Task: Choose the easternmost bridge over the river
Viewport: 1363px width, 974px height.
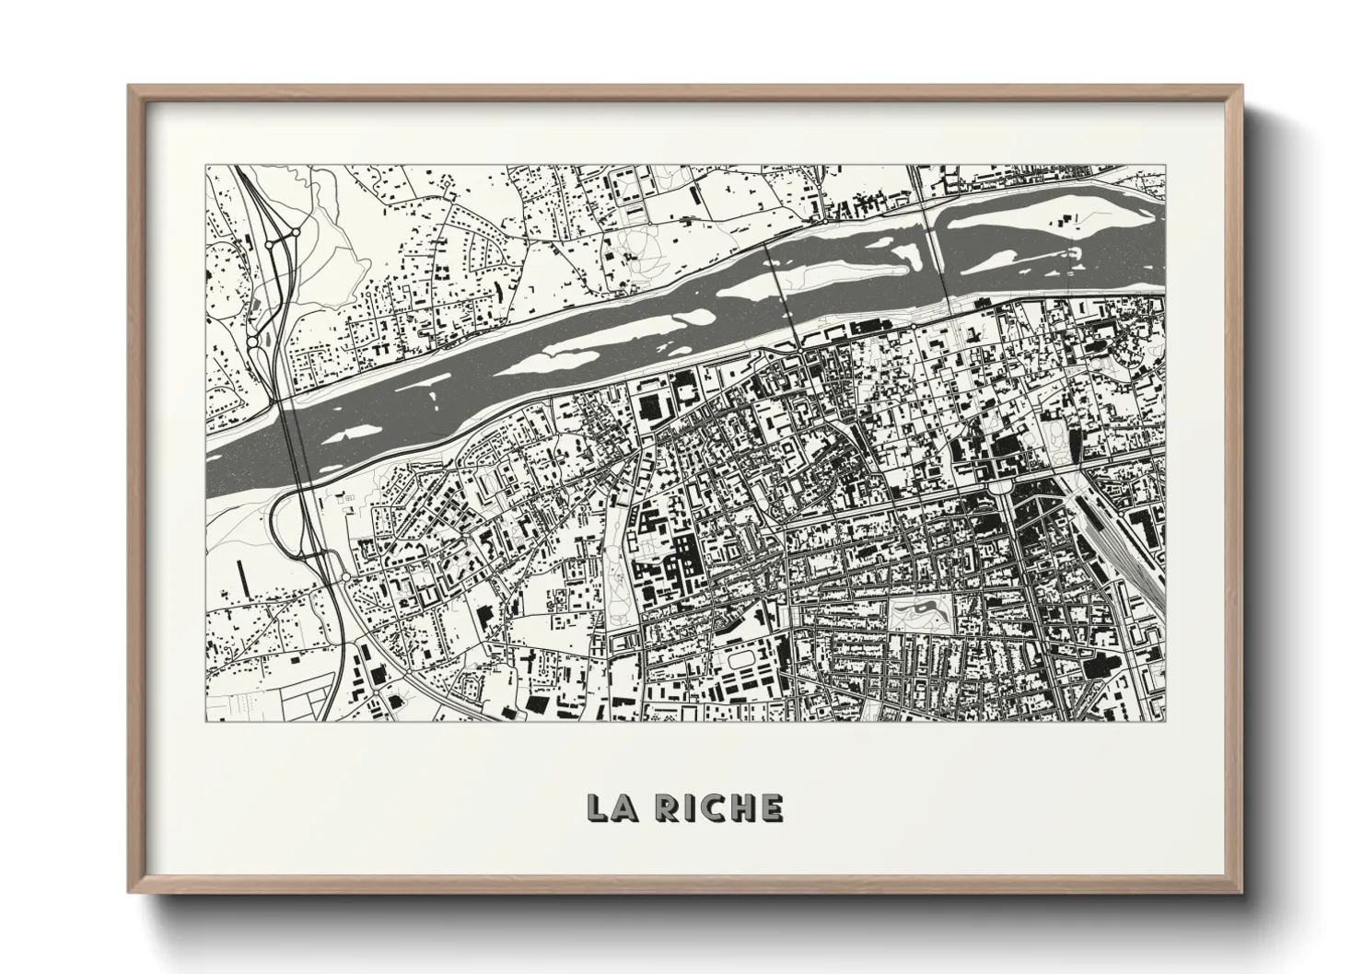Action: [x=941, y=249]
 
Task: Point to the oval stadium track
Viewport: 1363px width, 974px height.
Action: [x=746, y=659]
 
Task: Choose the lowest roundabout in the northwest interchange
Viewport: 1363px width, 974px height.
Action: [x=252, y=342]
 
